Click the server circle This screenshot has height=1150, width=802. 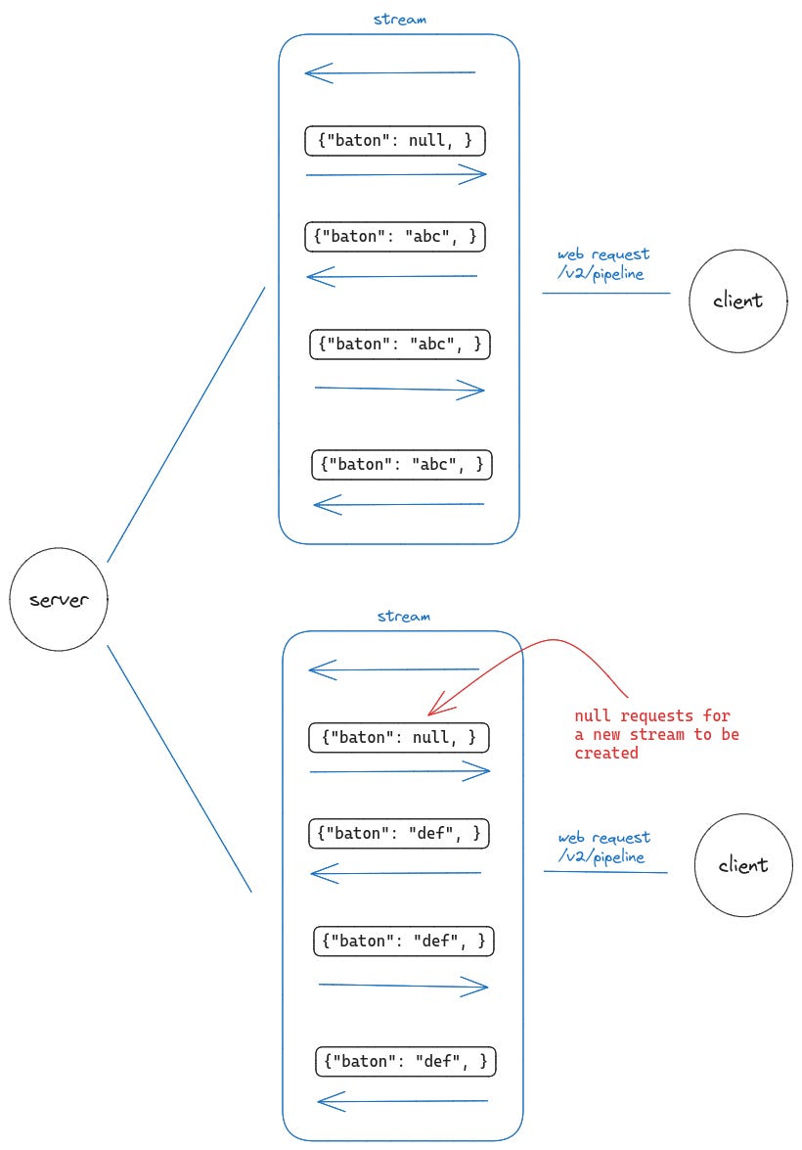58,601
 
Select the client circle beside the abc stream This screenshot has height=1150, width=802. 737,300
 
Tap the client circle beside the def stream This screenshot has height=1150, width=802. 743,865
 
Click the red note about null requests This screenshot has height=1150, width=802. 656,734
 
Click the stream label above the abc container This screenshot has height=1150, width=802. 400,19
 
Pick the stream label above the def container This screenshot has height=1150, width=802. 404,617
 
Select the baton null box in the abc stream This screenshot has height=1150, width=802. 395,142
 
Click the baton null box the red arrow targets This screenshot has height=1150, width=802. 399,738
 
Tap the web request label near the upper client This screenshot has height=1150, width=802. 603,254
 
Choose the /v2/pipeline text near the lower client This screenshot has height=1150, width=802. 601,856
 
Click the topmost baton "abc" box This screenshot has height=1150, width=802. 395,236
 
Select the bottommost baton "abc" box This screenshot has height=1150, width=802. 401,465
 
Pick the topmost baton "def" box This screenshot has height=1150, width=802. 398,833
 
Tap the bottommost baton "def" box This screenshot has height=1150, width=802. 406,1061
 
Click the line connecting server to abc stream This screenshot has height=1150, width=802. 186,425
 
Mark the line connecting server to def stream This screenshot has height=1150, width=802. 179,768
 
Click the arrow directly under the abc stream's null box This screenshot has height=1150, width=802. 396,175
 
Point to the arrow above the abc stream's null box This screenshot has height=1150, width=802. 389,72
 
